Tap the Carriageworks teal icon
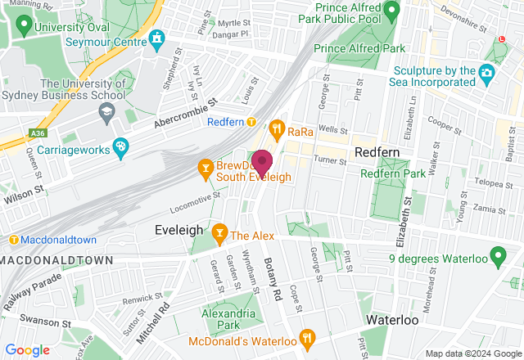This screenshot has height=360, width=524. click(120, 146)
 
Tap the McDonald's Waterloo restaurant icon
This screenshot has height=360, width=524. click(307, 337)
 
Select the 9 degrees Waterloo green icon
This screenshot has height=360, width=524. click(497, 260)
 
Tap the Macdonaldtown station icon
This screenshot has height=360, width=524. click(14, 240)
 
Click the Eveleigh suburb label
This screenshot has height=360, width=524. click(178, 232)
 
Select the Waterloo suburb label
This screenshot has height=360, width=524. click(392, 319)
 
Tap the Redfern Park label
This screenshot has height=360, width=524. click(394, 173)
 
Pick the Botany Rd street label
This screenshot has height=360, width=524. click(273, 279)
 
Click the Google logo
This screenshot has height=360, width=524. click(28, 350)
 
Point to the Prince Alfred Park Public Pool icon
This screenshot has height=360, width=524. click(392, 9)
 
